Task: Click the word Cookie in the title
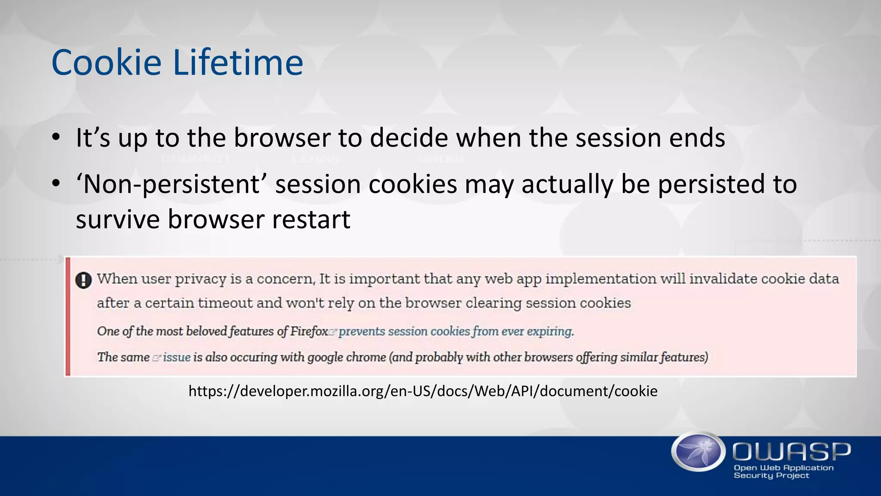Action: pos(106,63)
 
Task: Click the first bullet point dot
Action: pos(56,138)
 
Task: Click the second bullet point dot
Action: pos(56,184)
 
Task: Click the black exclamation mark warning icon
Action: pos(83,280)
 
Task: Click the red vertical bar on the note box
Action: pos(68,316)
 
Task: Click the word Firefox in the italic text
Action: pos(309,332)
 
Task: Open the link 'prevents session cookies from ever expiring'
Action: pos(456,332)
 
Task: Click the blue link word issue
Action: pos(176,357)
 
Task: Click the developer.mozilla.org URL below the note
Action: pos(423,391)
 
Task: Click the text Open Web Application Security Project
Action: pos(783,471)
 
